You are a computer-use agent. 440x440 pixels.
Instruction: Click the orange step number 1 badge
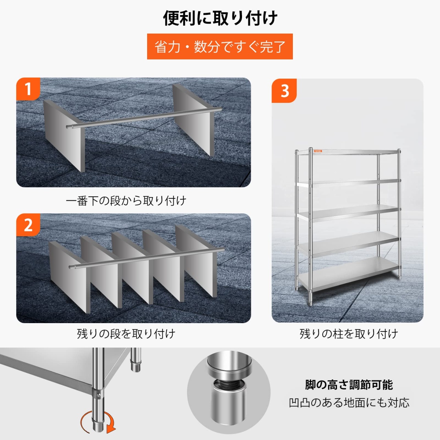pos(28,89)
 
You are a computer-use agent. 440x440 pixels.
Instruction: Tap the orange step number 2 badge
pos(28,225)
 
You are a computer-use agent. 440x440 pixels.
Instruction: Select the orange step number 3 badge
pos(284,91)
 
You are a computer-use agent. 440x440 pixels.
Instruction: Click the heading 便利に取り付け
pos(220,18)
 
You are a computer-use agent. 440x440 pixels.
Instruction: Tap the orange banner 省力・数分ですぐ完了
pos(220,47)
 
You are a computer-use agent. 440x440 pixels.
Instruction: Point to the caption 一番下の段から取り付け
pos(126,201)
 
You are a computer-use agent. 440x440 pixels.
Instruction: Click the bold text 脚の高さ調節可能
pos(349,385)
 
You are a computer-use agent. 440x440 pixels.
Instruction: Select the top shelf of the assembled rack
pos(347,152)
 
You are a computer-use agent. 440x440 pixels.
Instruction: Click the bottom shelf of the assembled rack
pos(348,275)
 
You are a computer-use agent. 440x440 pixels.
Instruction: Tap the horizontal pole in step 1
pos(144,118)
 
